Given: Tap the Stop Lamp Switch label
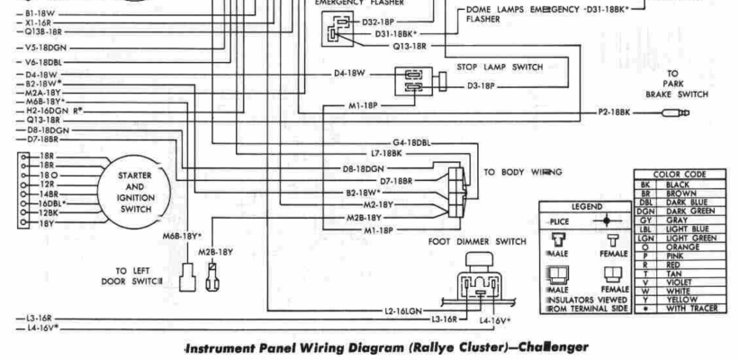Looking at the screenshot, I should coord(493,67).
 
